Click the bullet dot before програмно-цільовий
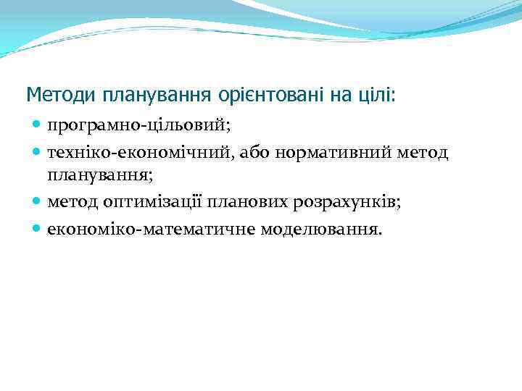pyautogui.click(x=37, y=126)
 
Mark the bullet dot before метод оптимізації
pyautogui.click(x=37, y=203)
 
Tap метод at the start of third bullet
pyautogui.click(x=72, y=203)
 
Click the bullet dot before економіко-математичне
pyautogui.click(x=37, y=229)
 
